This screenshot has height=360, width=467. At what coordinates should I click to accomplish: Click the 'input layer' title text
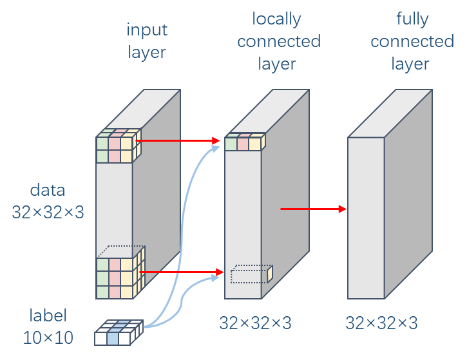pos(146,41)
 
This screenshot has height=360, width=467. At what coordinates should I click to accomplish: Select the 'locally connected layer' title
pos(278,41)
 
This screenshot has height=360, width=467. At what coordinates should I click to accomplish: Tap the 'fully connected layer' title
pos(412,41)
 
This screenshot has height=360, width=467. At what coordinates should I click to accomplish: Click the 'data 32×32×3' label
pos(48,201)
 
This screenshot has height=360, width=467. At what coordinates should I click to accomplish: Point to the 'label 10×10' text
pos(48,326)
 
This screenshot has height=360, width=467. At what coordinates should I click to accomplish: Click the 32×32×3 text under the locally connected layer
pos(256,322)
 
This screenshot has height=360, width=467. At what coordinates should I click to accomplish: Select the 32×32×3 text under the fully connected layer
pos(382,322)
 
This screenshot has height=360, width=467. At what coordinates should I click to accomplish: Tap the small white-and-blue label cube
pos(118,333)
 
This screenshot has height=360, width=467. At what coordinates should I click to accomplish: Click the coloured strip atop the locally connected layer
pos(244,143)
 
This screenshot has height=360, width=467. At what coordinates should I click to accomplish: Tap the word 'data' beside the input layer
pos(48,190)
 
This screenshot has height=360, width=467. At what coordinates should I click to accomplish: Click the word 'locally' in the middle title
pos(277,19)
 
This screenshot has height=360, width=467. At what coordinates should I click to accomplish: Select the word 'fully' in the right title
pos(412,19)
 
